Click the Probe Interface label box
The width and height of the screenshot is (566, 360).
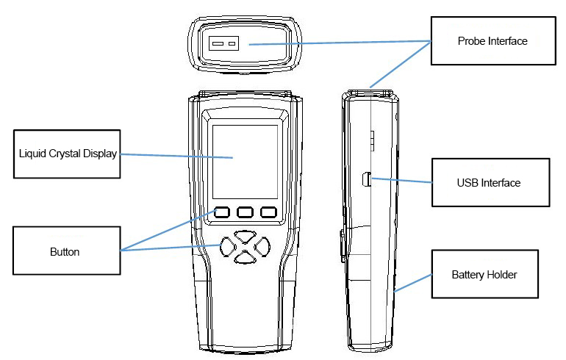tap(489, 42)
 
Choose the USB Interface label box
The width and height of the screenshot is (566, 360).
tap(489, 181)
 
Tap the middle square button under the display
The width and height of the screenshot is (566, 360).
tap(246, 213)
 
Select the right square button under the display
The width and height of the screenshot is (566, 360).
tap(268, 213)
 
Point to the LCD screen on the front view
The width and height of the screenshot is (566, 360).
tap(245, 161)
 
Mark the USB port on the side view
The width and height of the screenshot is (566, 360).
tap(366, 177)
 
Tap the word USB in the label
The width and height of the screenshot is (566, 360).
tap(468, 181)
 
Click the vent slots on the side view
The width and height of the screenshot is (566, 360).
tap(371, 139)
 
